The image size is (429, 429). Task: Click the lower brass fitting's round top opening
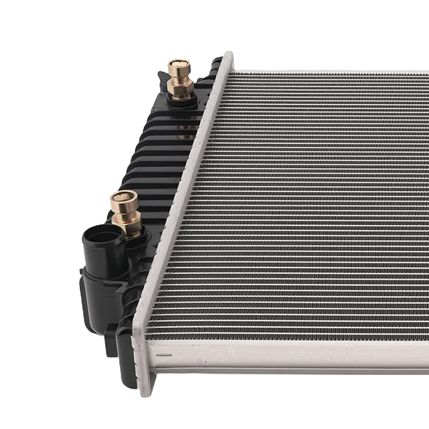coord(124,199)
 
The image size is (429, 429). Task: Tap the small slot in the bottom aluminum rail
coord(163,355)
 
